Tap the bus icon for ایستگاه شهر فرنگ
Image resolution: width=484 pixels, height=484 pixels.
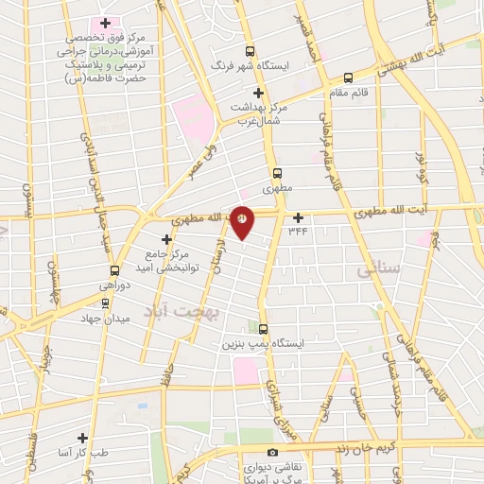[250, 52]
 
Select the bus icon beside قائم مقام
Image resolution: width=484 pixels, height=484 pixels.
[349, 78]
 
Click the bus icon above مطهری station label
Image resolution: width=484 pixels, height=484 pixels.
[277, 173]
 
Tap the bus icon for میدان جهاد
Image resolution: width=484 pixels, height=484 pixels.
[104, 304]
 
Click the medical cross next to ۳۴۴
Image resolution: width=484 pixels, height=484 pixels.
[298, 216]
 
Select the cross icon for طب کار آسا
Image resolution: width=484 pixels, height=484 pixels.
[83, 438]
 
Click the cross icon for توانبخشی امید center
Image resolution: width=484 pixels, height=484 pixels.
[166, 239]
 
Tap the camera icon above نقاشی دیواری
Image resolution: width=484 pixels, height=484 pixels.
[273, 453]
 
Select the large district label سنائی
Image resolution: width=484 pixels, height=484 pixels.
[379, 270]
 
